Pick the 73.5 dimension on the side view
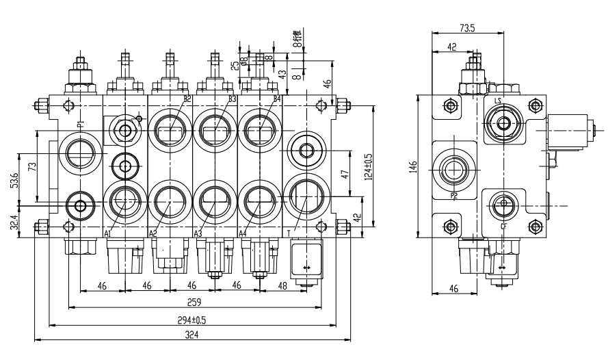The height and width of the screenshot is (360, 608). pyautogui.click(x=467, y=28)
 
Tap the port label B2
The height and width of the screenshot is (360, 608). pyautogui.click(x=187, y=100)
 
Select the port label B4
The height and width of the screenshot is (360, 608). pyautogui.click(x=277, y=100)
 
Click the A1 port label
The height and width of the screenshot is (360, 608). pyautogui.click(x=107, y=233)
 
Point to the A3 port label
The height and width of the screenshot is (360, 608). pyautogui.click(x=198, y=233)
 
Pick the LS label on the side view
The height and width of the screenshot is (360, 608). pyautogui.click(x=498, y=102)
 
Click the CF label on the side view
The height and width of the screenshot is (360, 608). pyautogui.click(x=504, y=225)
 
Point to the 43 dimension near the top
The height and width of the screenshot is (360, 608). pyautogui.click(x=282, y=73)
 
